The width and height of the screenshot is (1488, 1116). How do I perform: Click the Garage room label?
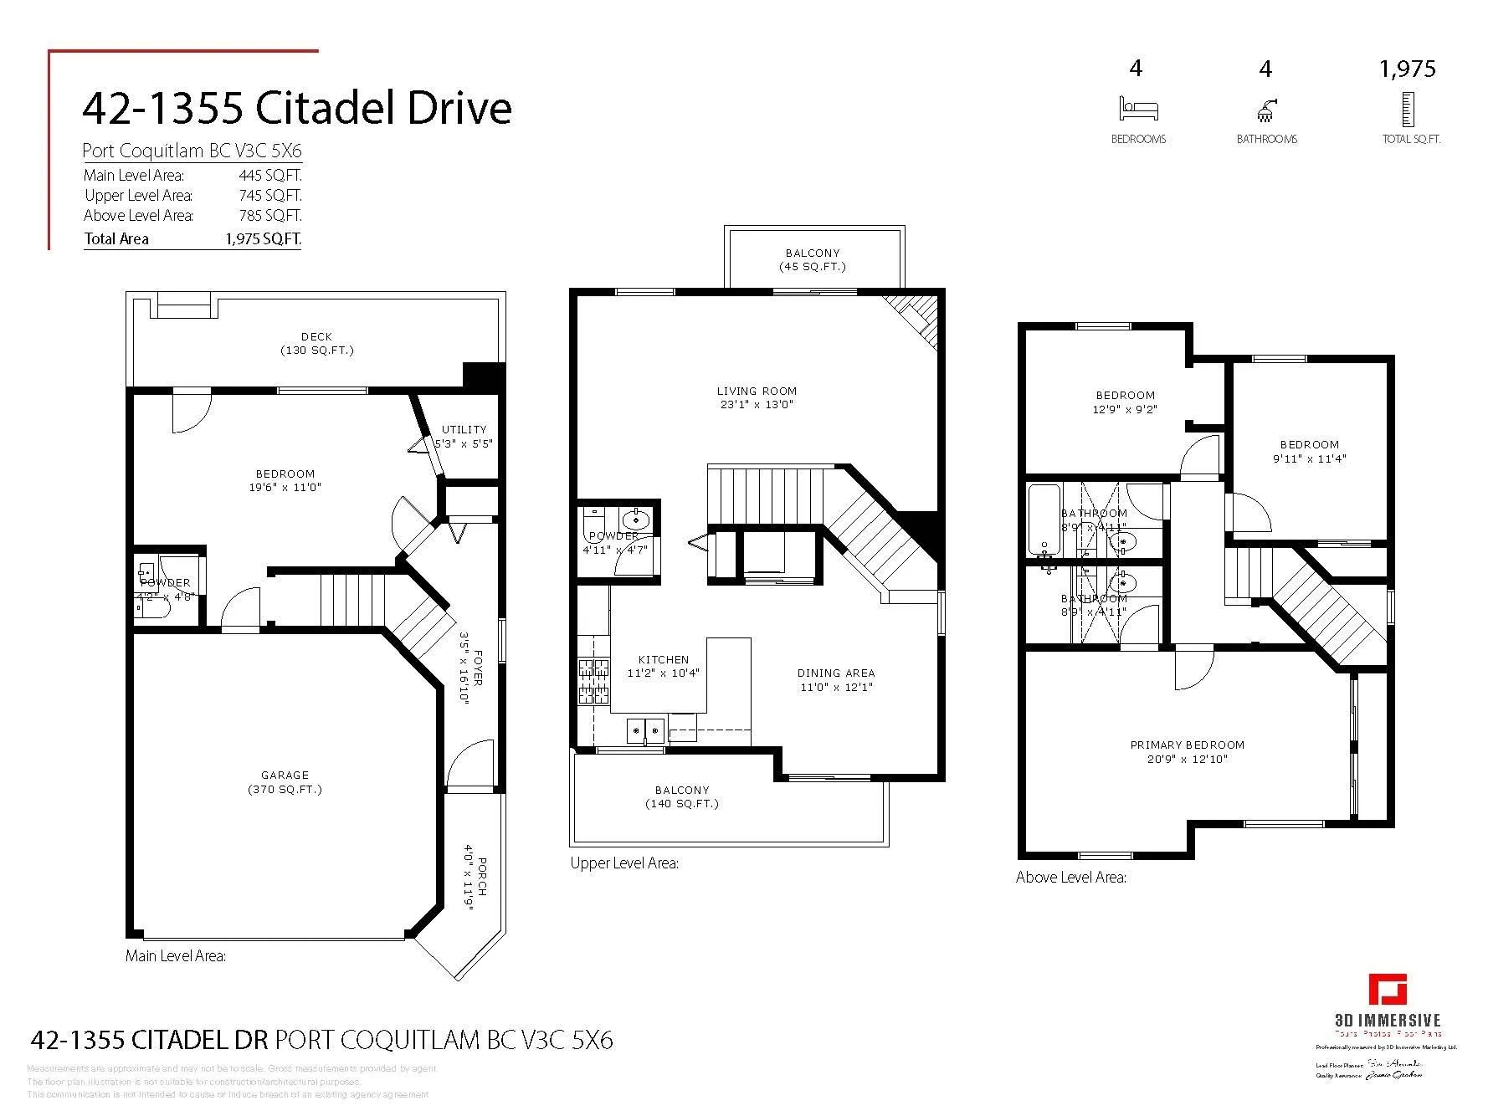click(285, 776)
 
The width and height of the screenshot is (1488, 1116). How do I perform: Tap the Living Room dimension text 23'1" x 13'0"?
click(757, 405)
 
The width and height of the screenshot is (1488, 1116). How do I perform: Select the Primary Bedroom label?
click(1187, 745)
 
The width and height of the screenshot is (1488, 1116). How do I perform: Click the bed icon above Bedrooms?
click(1138, 110)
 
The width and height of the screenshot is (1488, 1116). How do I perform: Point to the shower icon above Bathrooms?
click(1265, 110)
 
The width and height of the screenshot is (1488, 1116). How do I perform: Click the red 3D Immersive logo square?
click(1387, 989)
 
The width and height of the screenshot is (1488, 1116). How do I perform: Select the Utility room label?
click(464, 429)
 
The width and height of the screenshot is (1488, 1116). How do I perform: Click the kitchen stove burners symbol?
click(593, 680)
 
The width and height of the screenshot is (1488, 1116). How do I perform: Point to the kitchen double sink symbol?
click(645, 731)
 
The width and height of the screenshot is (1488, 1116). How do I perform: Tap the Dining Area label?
click(835, 673)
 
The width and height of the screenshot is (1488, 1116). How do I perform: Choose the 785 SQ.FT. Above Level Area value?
click(269, 216)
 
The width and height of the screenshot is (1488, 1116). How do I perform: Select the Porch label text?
click(482, 876)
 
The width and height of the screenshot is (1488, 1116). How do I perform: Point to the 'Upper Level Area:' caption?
click(623, 863)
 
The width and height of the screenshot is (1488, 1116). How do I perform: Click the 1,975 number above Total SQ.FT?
click(1407, 69)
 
